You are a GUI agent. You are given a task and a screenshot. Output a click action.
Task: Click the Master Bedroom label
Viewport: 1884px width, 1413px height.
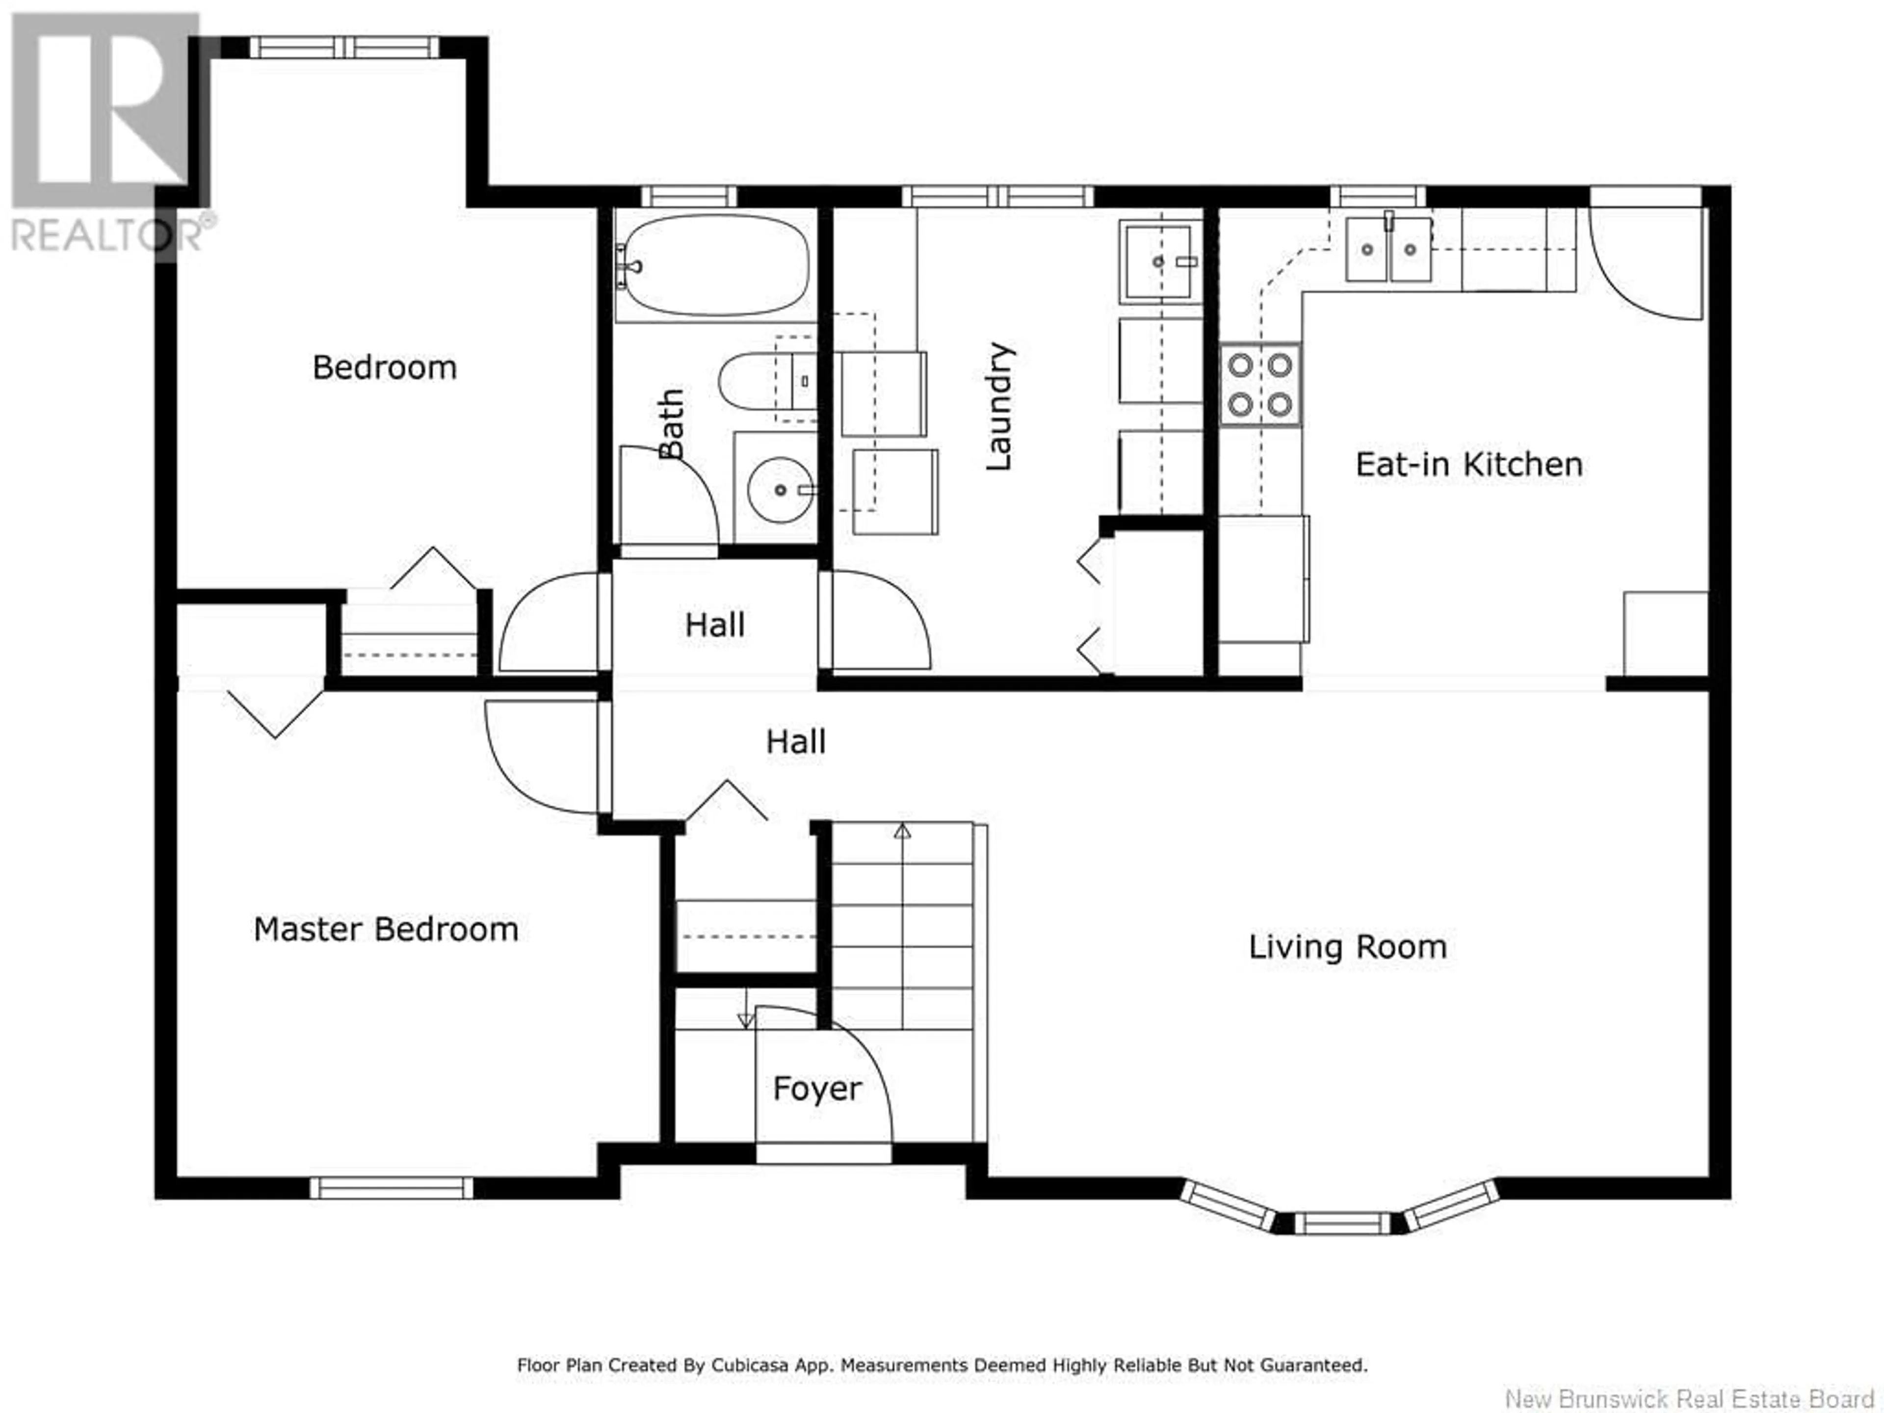tap(386, 929)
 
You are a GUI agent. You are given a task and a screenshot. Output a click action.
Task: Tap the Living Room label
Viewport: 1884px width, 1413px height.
tap(1347, 947)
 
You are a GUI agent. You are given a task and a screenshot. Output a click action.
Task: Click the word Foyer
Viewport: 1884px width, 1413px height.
tap(817, 1089)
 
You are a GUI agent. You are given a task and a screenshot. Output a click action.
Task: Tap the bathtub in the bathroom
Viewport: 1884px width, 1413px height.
tap(714, 265)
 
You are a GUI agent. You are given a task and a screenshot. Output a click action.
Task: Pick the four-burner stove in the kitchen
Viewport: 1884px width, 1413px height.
tap(1260, 385)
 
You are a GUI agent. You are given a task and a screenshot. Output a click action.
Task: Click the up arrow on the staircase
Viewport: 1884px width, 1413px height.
tap(902, 831)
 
